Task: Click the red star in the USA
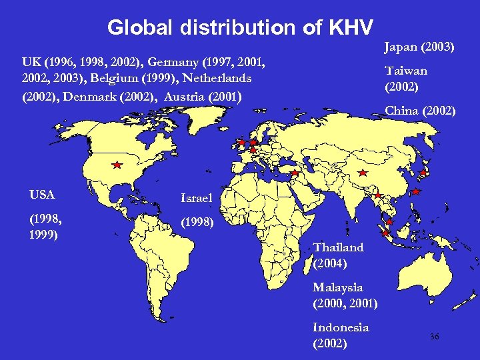coord(117,164)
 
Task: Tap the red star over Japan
coord(423,173)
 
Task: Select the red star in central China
coord(362,173)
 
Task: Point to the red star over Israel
coord(294,173)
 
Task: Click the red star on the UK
coord(241,143)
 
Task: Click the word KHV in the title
coord(351,28)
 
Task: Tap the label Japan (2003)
coord(419,47)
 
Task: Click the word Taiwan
coord(406,71)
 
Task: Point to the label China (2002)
coord(420,110)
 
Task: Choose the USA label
coord(42,195)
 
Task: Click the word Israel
coord(197,198)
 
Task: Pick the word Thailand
coord(338,247)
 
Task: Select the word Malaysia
coord(338,287)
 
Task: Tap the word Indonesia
coord(340,327)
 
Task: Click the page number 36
coord(435,338)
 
